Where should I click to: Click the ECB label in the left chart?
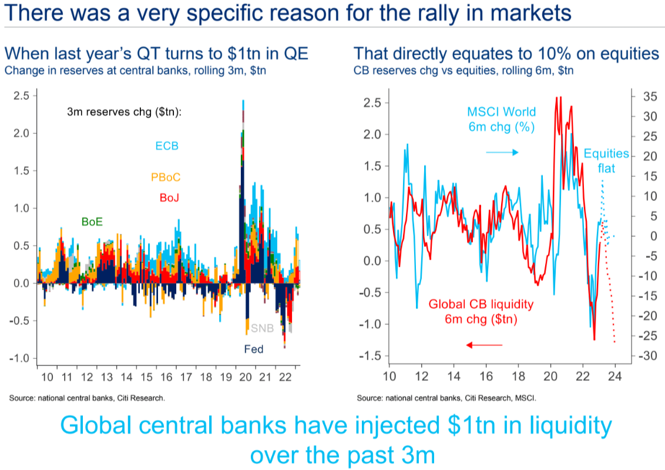tap(167, 146)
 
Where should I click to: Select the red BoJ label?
tap(169, 197)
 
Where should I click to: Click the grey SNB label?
tap(262, 328)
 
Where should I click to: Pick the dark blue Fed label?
tap(254, 349)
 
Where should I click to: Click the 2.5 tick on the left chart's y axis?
tap(21, 95)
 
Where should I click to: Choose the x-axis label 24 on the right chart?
tap(615, 377)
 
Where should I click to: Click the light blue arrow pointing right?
tap(502, 153)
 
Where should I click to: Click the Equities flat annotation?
tap(606, 162)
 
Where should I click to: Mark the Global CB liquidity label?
tap(481, 312)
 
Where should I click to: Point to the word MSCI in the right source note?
tap(522, 398)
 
